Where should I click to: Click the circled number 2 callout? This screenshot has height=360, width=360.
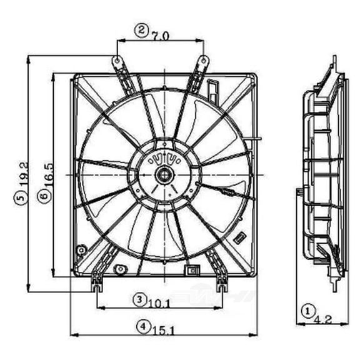[x=142, y=29]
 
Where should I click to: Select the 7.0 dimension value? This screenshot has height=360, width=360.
[x=160, y=36]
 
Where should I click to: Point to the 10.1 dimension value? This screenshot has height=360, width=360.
[x=160, y=304]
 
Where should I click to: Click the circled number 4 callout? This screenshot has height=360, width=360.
[x=144, y=325]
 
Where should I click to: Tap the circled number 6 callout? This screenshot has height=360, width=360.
[x=41, y=195]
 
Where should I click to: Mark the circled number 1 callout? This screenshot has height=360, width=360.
[x=307, y=309]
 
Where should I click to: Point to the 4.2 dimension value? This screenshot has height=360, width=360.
[x=322, y=319]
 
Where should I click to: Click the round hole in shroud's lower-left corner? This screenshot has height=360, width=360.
[x=80, y=251]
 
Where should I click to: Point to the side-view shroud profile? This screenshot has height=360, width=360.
[x=322, y=181]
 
